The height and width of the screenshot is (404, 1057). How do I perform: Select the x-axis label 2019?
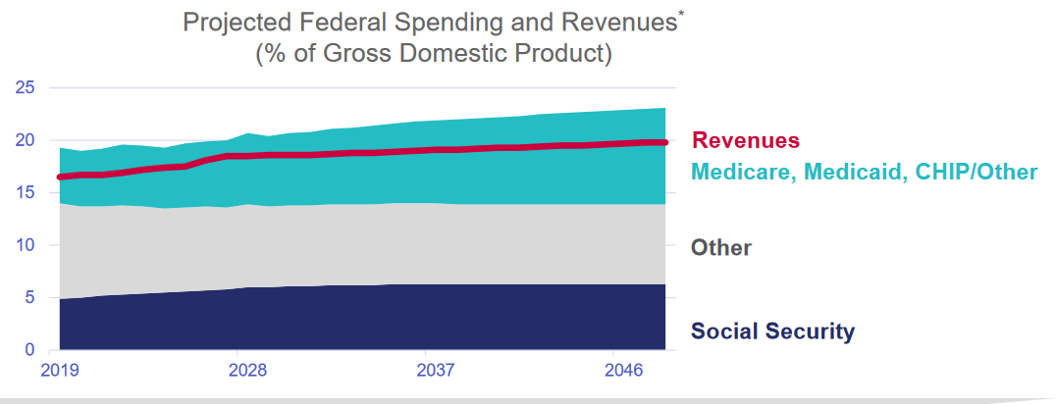(60, 372)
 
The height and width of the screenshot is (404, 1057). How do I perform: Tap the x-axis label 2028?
(247, 372)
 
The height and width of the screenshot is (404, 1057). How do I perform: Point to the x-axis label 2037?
(435, 372)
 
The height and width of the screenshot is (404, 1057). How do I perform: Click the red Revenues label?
(746, 141)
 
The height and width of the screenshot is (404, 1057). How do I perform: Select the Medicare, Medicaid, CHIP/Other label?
(864, 173)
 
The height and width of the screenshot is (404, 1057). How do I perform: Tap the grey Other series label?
(721, 247)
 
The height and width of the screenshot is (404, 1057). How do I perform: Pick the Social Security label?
(772, 331)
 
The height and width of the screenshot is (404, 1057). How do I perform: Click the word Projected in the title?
(232, 23)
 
